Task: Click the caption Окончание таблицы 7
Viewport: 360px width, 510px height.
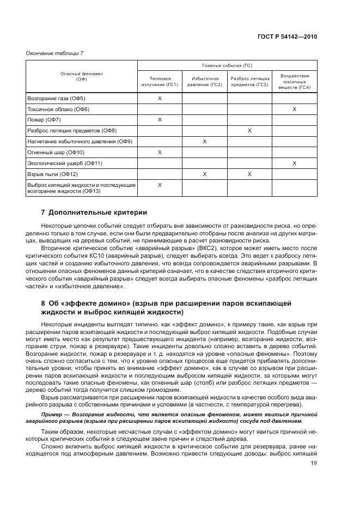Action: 54,52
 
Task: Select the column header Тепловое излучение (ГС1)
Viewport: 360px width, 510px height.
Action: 160,82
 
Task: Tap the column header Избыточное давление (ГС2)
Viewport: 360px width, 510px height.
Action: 204,82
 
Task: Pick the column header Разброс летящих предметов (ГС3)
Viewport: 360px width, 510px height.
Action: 249,82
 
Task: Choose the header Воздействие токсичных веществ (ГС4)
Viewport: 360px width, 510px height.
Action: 294,82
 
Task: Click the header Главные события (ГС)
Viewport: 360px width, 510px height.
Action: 227,65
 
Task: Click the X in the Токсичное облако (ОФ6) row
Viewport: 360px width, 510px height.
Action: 294,110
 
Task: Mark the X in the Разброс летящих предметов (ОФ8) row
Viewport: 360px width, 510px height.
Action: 249,131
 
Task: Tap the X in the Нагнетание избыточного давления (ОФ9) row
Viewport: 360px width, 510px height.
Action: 204,142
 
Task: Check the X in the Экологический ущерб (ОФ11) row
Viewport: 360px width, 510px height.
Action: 294,163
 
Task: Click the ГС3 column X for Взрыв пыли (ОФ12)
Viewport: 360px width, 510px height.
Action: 249,174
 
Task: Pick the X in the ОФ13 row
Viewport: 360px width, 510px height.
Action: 160,185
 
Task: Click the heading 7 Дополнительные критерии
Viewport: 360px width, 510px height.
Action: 94,212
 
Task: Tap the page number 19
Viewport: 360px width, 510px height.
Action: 314,464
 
